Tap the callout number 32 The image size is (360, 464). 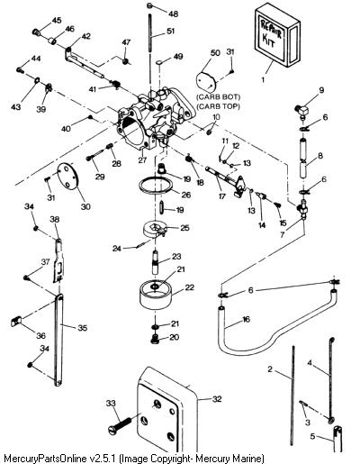pos(217,399)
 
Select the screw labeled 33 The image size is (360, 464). pos(120,426)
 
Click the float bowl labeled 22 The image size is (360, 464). pos(156,295)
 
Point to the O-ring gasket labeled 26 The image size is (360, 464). pos(156,187)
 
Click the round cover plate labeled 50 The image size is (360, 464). pos(206,82)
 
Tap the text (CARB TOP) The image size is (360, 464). pos(218,106)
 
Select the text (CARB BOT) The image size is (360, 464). pos(218,97)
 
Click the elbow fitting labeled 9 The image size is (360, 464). pos(301,111)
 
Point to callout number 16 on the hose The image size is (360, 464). pos(246,319)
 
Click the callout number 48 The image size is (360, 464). pos(173,14)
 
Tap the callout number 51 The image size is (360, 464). pos(170,31)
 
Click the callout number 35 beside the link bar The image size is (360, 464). pos(83,327)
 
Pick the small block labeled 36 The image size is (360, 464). pos(15,323)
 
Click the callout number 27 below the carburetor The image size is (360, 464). pos(142,159)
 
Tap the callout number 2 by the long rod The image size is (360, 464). pos(270,368)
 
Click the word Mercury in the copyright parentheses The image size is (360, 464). pos(211,459)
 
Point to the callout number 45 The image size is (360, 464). pos(57,20)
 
